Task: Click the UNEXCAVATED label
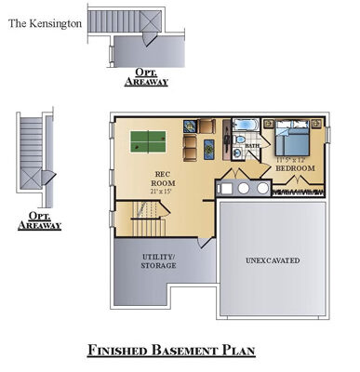click(273, 260)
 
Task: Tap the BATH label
click(251, 145)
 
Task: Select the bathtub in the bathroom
click(244, 125)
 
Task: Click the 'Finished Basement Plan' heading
click(171, 350)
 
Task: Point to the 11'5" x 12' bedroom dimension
click(291, 160)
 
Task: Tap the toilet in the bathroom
click(239, 142)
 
